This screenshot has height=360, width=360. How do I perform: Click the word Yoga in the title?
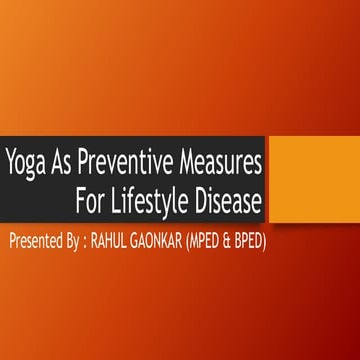25,160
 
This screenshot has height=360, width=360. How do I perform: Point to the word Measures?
221,160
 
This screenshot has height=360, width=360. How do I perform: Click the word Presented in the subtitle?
41,241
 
